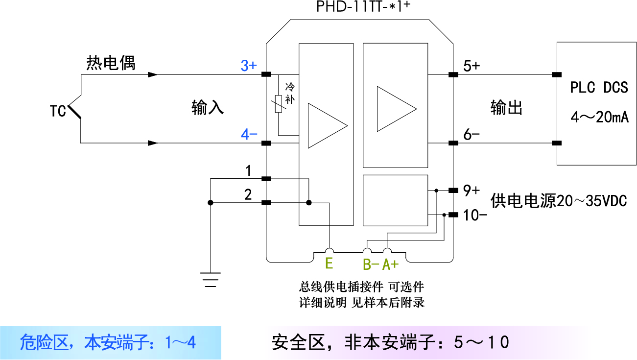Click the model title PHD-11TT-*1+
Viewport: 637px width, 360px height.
(359, 7)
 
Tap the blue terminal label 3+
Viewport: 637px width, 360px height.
(249, 66)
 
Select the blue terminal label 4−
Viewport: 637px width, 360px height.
(249, 134)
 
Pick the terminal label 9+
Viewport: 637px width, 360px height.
(471, 190)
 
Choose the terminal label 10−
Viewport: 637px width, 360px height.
(474, 214)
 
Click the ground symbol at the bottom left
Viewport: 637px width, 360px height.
(211, 279)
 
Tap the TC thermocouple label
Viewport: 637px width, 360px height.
(58, 112)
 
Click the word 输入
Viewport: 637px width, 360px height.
(208, 108)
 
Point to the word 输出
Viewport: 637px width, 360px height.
(506, 108)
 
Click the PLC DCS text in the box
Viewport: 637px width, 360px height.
(598, 88)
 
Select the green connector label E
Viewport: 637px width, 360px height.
(329, 264)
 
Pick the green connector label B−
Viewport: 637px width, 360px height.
(371, 264)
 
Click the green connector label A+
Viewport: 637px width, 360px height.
(391, 264)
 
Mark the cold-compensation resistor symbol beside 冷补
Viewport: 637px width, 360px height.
(279, 103)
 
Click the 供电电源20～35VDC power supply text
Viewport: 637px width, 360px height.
(558, 201)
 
